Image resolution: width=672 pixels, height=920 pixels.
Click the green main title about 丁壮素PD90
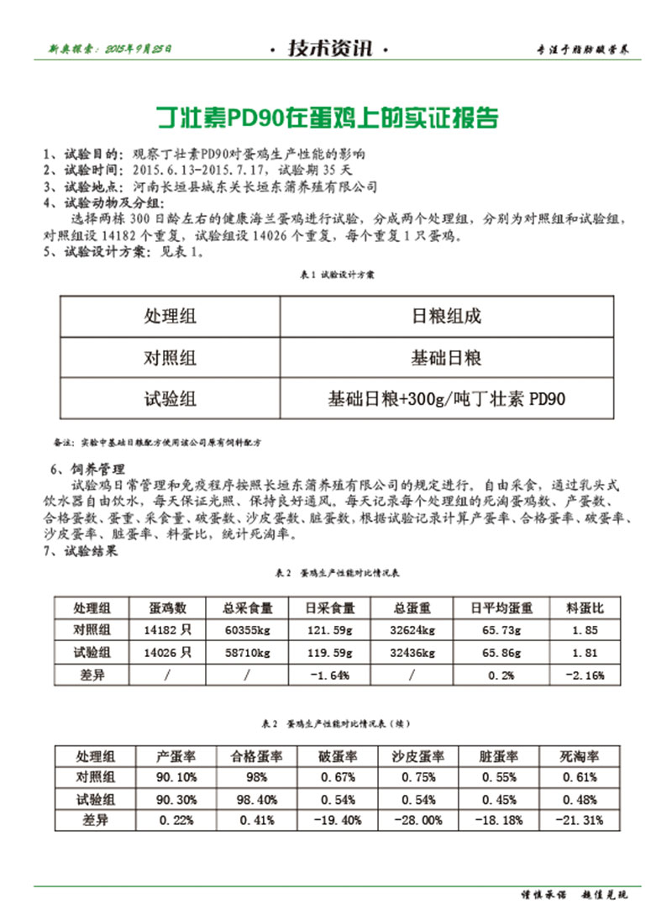pos(329,118)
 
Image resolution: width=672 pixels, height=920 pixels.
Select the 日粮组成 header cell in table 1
pos(446,317)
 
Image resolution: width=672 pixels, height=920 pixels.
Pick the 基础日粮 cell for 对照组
pos(446,358)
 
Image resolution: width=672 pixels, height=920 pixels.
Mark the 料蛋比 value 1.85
pos(585,630)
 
